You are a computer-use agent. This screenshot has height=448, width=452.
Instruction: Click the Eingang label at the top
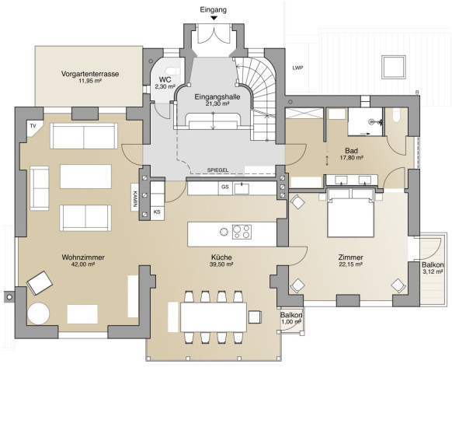214,9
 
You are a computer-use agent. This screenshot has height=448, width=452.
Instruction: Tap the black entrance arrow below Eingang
214,18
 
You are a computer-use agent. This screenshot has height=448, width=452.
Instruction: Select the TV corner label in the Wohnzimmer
33,126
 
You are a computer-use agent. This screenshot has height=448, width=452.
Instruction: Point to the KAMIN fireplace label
134,199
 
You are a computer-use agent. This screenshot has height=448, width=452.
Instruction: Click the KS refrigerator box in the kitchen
157,212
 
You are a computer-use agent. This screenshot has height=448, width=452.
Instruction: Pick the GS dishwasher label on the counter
225,187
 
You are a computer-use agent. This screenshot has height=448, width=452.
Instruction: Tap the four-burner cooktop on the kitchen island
242,232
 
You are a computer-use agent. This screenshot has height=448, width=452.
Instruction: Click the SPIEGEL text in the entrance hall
217,170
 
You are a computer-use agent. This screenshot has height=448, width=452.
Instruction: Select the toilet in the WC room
173,71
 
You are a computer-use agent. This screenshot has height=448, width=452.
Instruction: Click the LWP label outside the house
297,68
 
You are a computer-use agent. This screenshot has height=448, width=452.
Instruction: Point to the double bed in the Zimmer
351,213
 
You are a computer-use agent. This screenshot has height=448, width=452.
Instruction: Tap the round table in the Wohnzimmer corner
38,313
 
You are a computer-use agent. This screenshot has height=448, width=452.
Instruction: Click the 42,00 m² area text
83,264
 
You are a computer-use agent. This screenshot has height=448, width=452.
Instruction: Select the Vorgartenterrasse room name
90,74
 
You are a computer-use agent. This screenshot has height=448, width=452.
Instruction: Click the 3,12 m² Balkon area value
433,271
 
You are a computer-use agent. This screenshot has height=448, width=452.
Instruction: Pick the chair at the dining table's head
255,317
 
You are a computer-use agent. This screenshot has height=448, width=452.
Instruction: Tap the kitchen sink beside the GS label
242,189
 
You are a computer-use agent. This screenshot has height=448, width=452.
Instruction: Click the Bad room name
351,151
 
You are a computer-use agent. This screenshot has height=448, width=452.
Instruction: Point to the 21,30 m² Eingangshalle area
217,104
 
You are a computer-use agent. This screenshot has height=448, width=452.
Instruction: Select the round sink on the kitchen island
224,232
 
